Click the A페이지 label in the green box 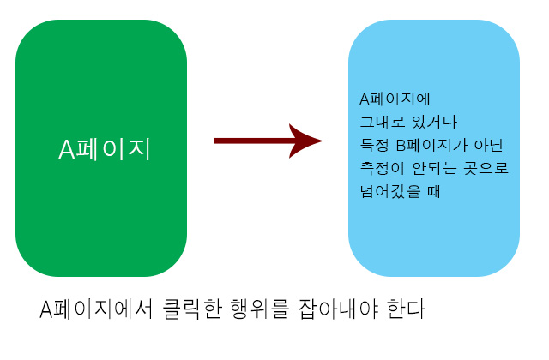coord(105,149)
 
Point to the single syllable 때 coord(431,191)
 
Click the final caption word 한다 coord(406,309)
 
